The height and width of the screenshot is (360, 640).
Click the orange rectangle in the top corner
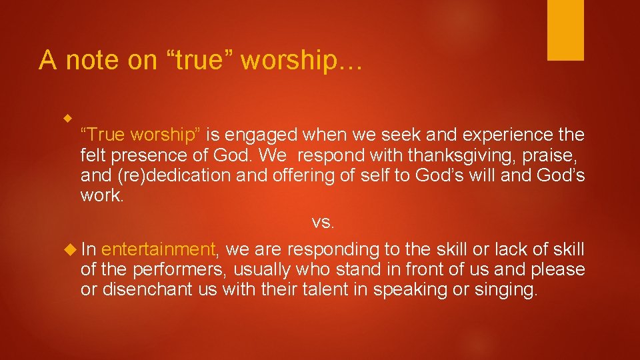(x=565, y=29)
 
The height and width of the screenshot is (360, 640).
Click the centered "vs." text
(x=323, y=222)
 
